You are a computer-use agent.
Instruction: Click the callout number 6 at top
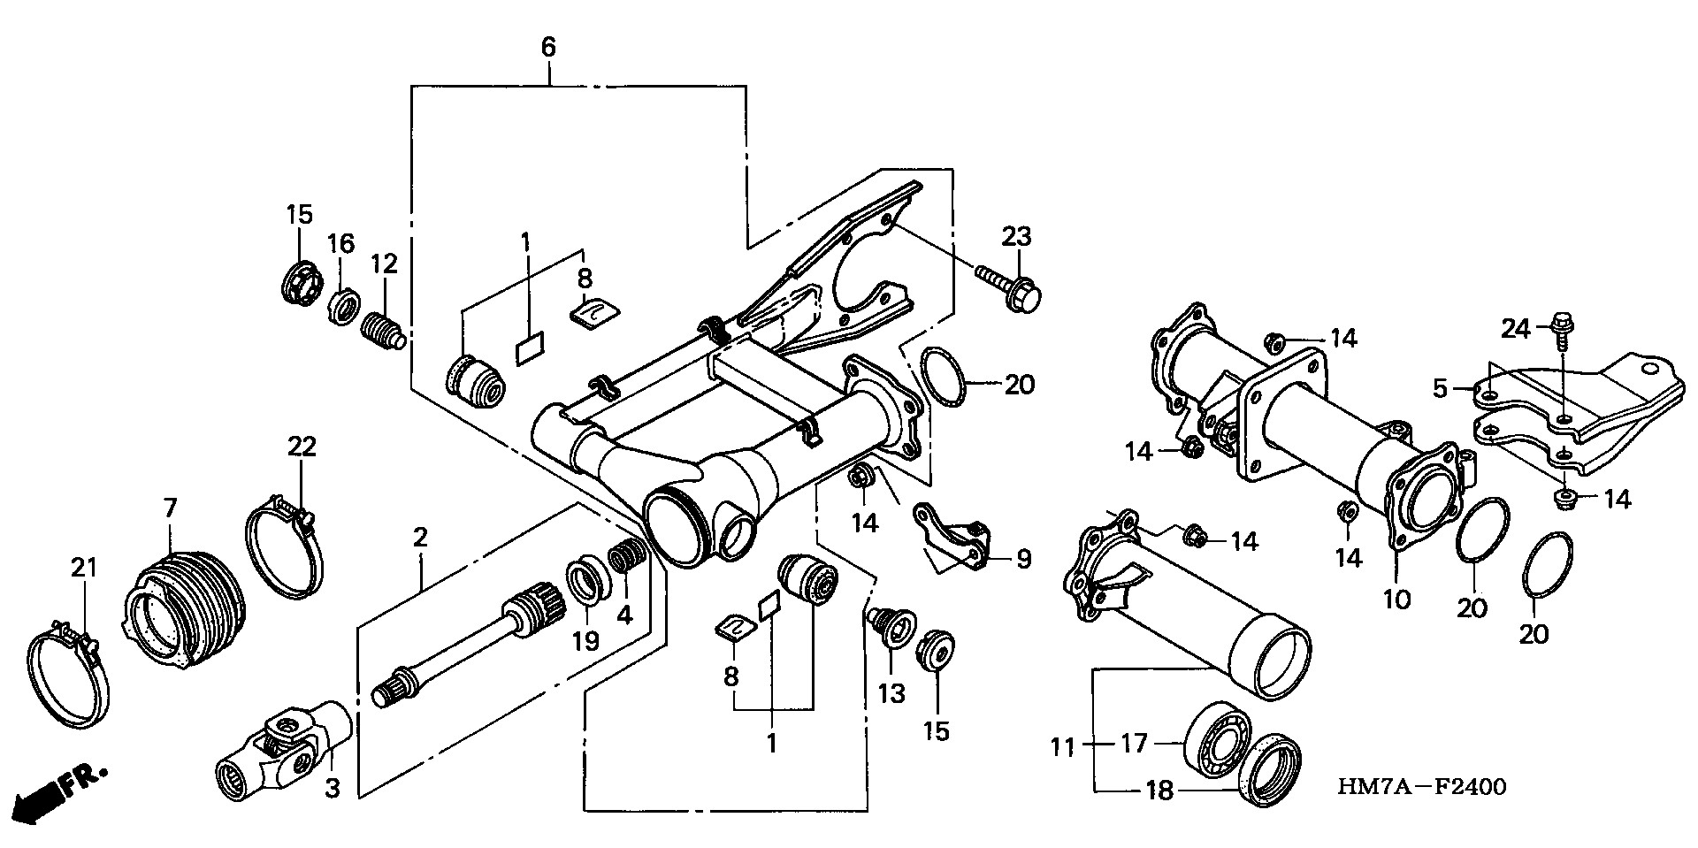[548, 48]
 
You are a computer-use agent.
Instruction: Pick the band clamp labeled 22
[284, 547]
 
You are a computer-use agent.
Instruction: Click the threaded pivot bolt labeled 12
[384, 329]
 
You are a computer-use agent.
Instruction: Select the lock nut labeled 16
[342, 307]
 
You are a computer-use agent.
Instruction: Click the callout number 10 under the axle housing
[1396, 600]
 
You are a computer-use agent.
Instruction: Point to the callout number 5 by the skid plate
[1440, 388]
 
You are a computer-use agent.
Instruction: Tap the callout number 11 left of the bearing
[1063, 748]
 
